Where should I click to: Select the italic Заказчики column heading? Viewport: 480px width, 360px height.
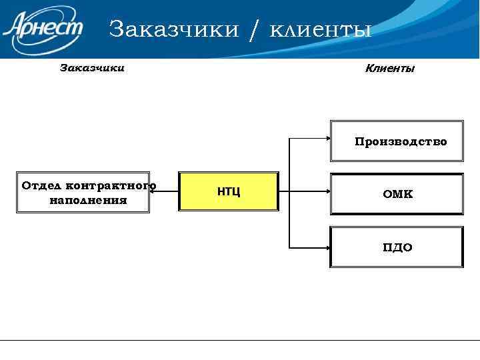pyautogui.click(x=92, y=67)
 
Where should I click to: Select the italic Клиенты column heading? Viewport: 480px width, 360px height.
pyautogui.click(x=390, y=68)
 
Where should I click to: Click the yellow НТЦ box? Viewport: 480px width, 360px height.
pyautogui.click(x=229, y=192)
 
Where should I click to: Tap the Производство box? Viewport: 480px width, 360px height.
pyautogui.click(x=397, y=141)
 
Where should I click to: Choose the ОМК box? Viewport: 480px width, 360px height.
pyautogui.click(x=397, y=194)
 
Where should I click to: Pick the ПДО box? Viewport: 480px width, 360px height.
pyautogui.click(x=397, y=247)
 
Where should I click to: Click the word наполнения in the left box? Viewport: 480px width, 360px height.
pyautogui.click(x=89, y=199)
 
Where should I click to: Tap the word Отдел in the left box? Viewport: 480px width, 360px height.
pyautogui.click(x=41, y=185)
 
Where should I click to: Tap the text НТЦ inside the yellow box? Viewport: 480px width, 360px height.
pyautogui.click(x=229, y=192)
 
